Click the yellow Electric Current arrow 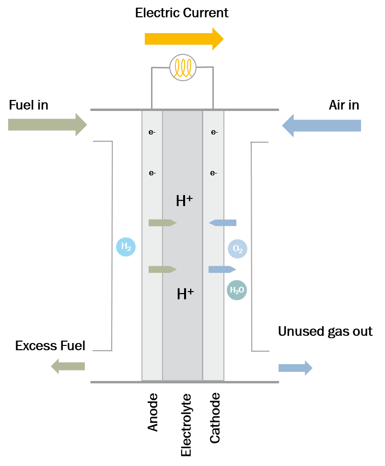tap(184, 39)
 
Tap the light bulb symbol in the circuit tap(183, 67)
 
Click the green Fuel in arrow tap(47, 124)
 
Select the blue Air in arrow tap(321, 125)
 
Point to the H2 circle tap(126, 246)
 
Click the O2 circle tap(238, 249)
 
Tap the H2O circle tap(237, 290)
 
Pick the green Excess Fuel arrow tap(68, 366)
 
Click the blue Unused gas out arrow tap(295, 368)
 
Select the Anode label tap(153, 412)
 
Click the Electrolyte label tap(186, 425)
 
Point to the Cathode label tap(215, 418)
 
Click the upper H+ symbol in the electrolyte tap(184, 201)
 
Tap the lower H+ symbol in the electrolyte tap(185, 294)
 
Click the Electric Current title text tap(182, 13)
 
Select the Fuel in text tap(28, 105)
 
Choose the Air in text tap(344, 105)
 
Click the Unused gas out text tap(325, 331)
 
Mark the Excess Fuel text tap(50, 345)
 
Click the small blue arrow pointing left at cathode tap(222, 222)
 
